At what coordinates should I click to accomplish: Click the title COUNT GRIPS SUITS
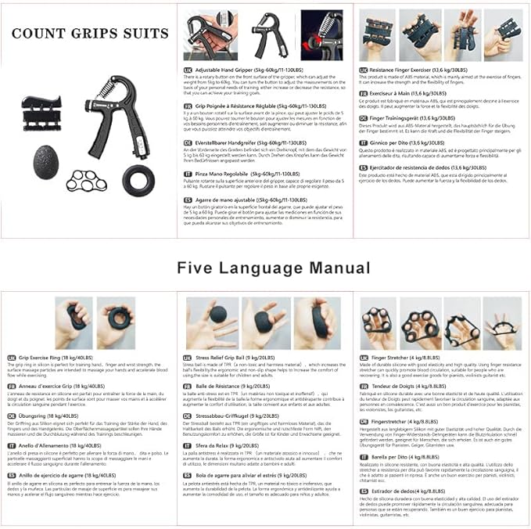90,34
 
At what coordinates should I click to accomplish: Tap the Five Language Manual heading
273,268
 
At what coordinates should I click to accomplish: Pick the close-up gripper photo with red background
321,35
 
